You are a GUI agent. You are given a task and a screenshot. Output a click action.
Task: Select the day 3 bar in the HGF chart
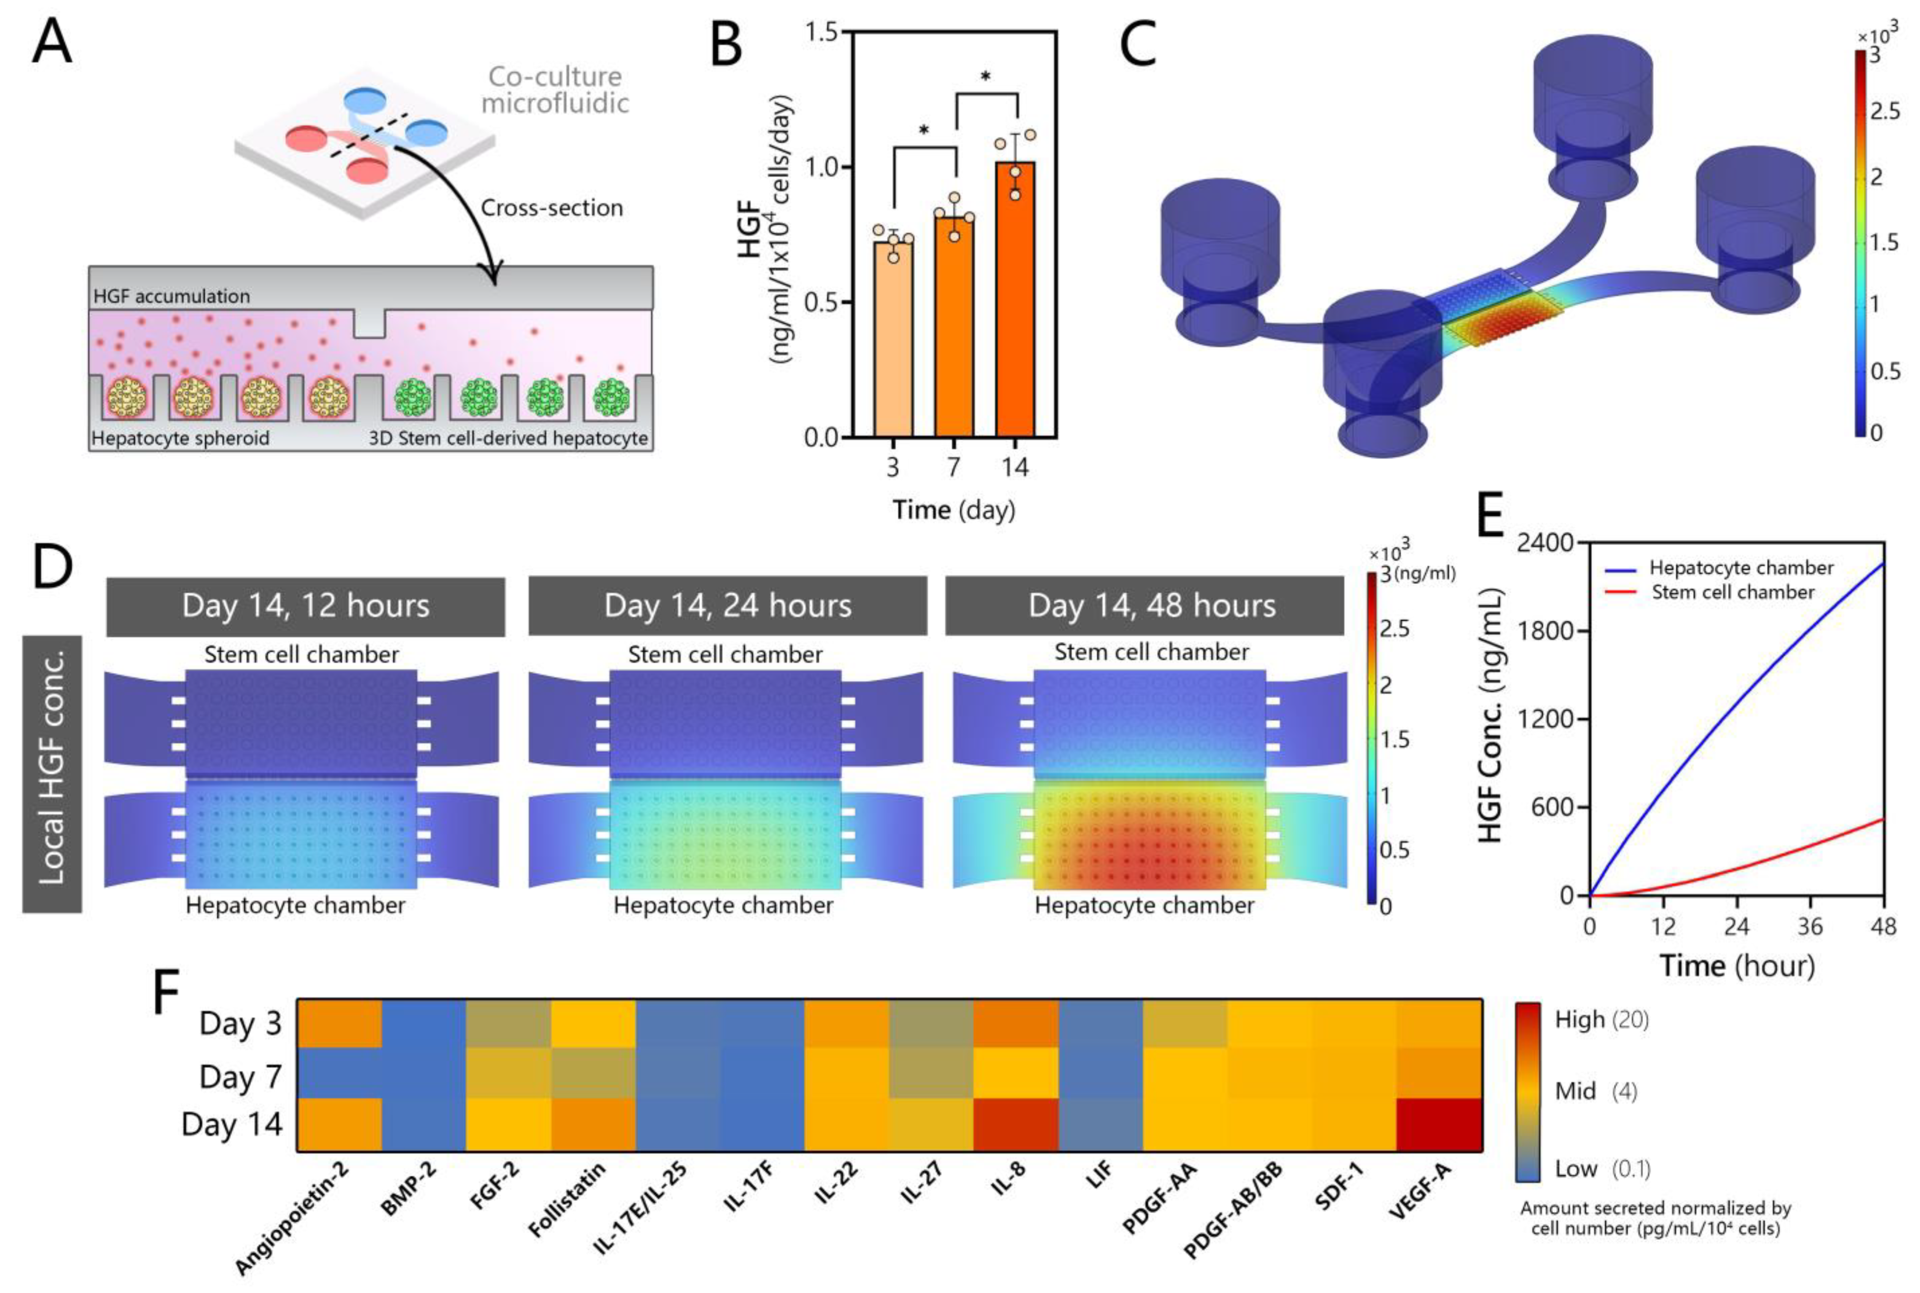892,338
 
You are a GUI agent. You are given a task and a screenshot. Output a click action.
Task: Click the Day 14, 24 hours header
727,606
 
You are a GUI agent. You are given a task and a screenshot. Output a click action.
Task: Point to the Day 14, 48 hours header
1151,606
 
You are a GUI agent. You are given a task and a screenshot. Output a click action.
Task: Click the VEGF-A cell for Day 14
1439,1124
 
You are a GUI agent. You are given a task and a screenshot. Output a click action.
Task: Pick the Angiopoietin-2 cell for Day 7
339,1073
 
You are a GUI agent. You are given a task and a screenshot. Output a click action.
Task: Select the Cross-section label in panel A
551,208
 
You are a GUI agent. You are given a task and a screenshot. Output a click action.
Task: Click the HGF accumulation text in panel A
171,296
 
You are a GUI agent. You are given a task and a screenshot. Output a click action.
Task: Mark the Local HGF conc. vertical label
51,774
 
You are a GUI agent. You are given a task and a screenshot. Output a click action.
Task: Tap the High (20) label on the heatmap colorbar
1601,1020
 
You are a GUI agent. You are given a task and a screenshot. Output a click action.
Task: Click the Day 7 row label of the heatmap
240,1076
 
